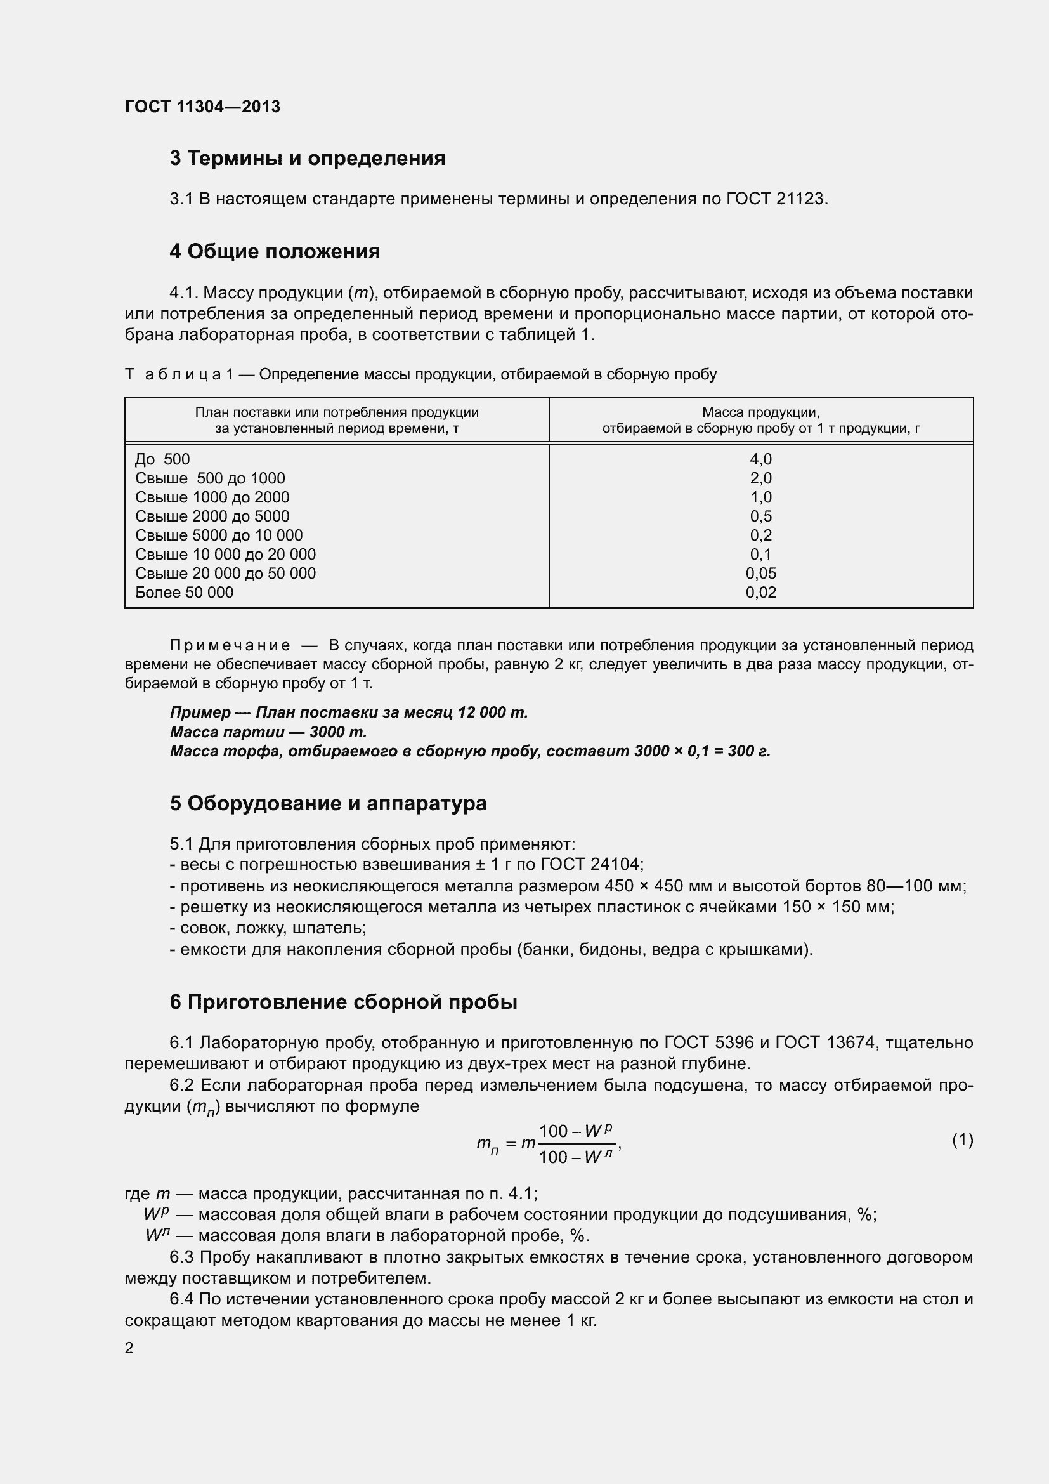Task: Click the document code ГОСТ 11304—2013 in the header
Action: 202,107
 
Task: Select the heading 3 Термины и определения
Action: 308,159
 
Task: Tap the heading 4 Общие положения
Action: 275,251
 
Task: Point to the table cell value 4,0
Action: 760,459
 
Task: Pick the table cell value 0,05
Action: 760,574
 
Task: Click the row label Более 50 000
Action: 184,593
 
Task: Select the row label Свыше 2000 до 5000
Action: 212,516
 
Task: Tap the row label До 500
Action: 162,459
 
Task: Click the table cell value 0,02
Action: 760,593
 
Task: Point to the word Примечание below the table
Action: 230,646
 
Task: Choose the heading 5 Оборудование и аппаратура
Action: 328,803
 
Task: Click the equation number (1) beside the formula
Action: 962,1140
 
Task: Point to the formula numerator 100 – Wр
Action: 575,1131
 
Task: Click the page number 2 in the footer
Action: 129,1348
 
